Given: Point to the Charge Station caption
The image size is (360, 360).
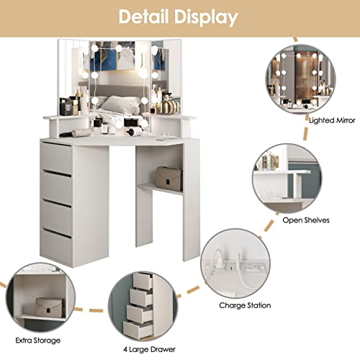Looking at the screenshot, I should (245, 305).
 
